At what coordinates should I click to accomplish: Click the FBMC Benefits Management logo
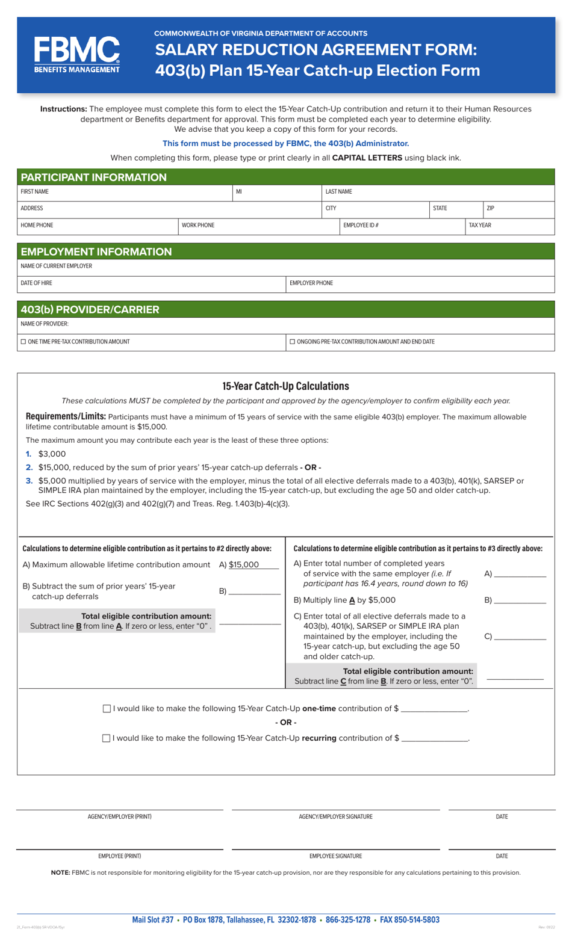76,55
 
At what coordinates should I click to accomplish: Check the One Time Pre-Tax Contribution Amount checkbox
23,342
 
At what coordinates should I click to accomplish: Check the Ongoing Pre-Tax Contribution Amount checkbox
293,342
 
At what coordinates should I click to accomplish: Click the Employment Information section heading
96,251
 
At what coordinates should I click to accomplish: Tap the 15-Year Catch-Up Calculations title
285,386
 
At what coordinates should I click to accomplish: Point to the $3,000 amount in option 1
52,454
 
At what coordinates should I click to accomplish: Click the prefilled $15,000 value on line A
244,565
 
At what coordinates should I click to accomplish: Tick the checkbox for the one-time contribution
107,709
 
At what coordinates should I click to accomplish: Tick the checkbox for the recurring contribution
107,738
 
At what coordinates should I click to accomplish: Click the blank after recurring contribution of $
434,738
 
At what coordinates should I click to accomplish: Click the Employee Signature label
335,856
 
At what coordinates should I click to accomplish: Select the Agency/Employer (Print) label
119,817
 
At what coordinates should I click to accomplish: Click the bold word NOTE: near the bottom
60,872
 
